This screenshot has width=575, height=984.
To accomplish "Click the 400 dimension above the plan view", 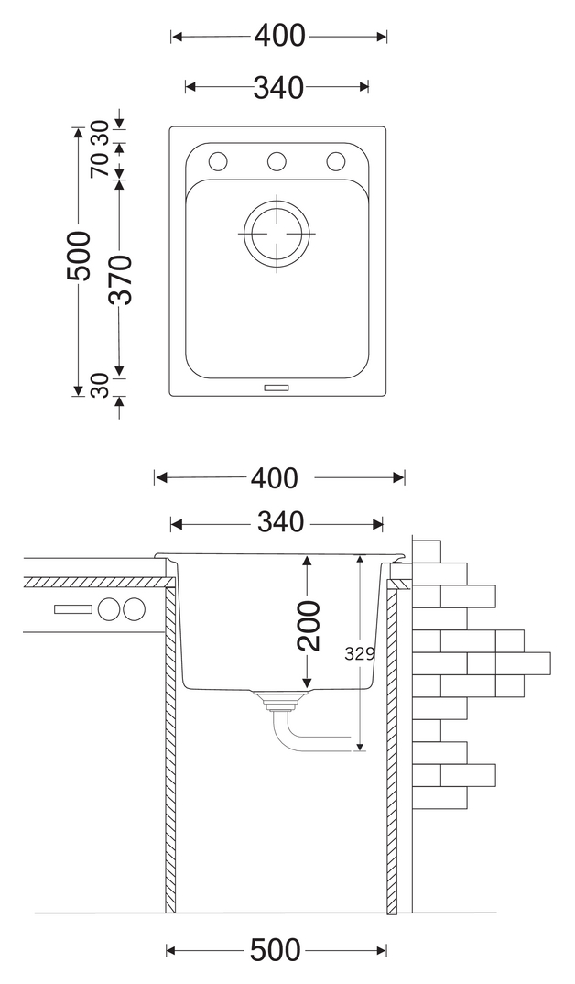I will coord(279,37).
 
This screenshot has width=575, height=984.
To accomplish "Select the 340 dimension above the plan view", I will coord(277,87).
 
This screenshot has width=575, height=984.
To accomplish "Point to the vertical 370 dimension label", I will coord(120,279).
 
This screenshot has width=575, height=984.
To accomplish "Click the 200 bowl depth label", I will coord(309,625).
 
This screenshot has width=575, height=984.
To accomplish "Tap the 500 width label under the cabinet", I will coord(275,950).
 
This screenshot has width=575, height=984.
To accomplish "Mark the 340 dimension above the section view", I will coord(279,523).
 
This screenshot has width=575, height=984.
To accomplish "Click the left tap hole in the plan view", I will coord(218,162).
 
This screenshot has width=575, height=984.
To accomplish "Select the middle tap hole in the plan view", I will coord(277,162).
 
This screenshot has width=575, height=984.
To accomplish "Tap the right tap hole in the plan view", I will coord(335,162).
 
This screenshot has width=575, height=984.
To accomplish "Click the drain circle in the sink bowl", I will coord(277,233).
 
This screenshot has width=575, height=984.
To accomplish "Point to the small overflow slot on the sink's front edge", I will coord(277,388).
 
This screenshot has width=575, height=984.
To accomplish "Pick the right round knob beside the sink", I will coord(134,608).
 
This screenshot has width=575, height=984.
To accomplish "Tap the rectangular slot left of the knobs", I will coord(72,608).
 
